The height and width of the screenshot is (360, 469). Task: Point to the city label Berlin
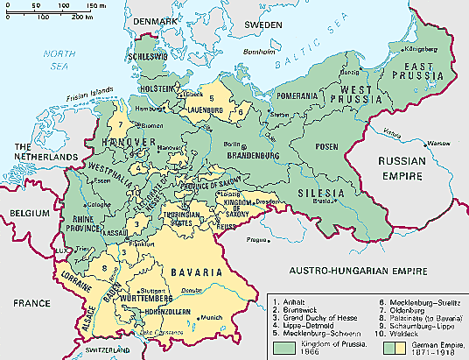[231, 143]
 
